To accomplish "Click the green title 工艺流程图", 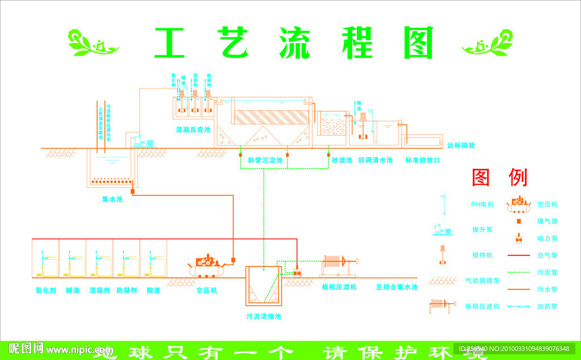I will click(294, 43).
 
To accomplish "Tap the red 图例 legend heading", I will click(499, 178).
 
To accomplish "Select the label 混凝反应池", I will click(193, 130).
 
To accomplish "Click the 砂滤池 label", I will click(342, 160).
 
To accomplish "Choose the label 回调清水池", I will click(375, 160).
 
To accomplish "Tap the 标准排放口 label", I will click(422, 160).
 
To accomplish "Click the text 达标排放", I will click(461, 145).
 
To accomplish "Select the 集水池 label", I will click(112, 199).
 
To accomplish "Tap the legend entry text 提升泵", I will click(482, 230).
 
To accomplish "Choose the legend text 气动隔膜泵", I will click(482, 281).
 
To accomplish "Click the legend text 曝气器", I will click(547, 221).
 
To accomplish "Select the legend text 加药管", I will click(547, 306).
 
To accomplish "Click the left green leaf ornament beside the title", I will click(91, 43).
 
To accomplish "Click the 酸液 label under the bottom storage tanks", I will click(153, 290).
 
